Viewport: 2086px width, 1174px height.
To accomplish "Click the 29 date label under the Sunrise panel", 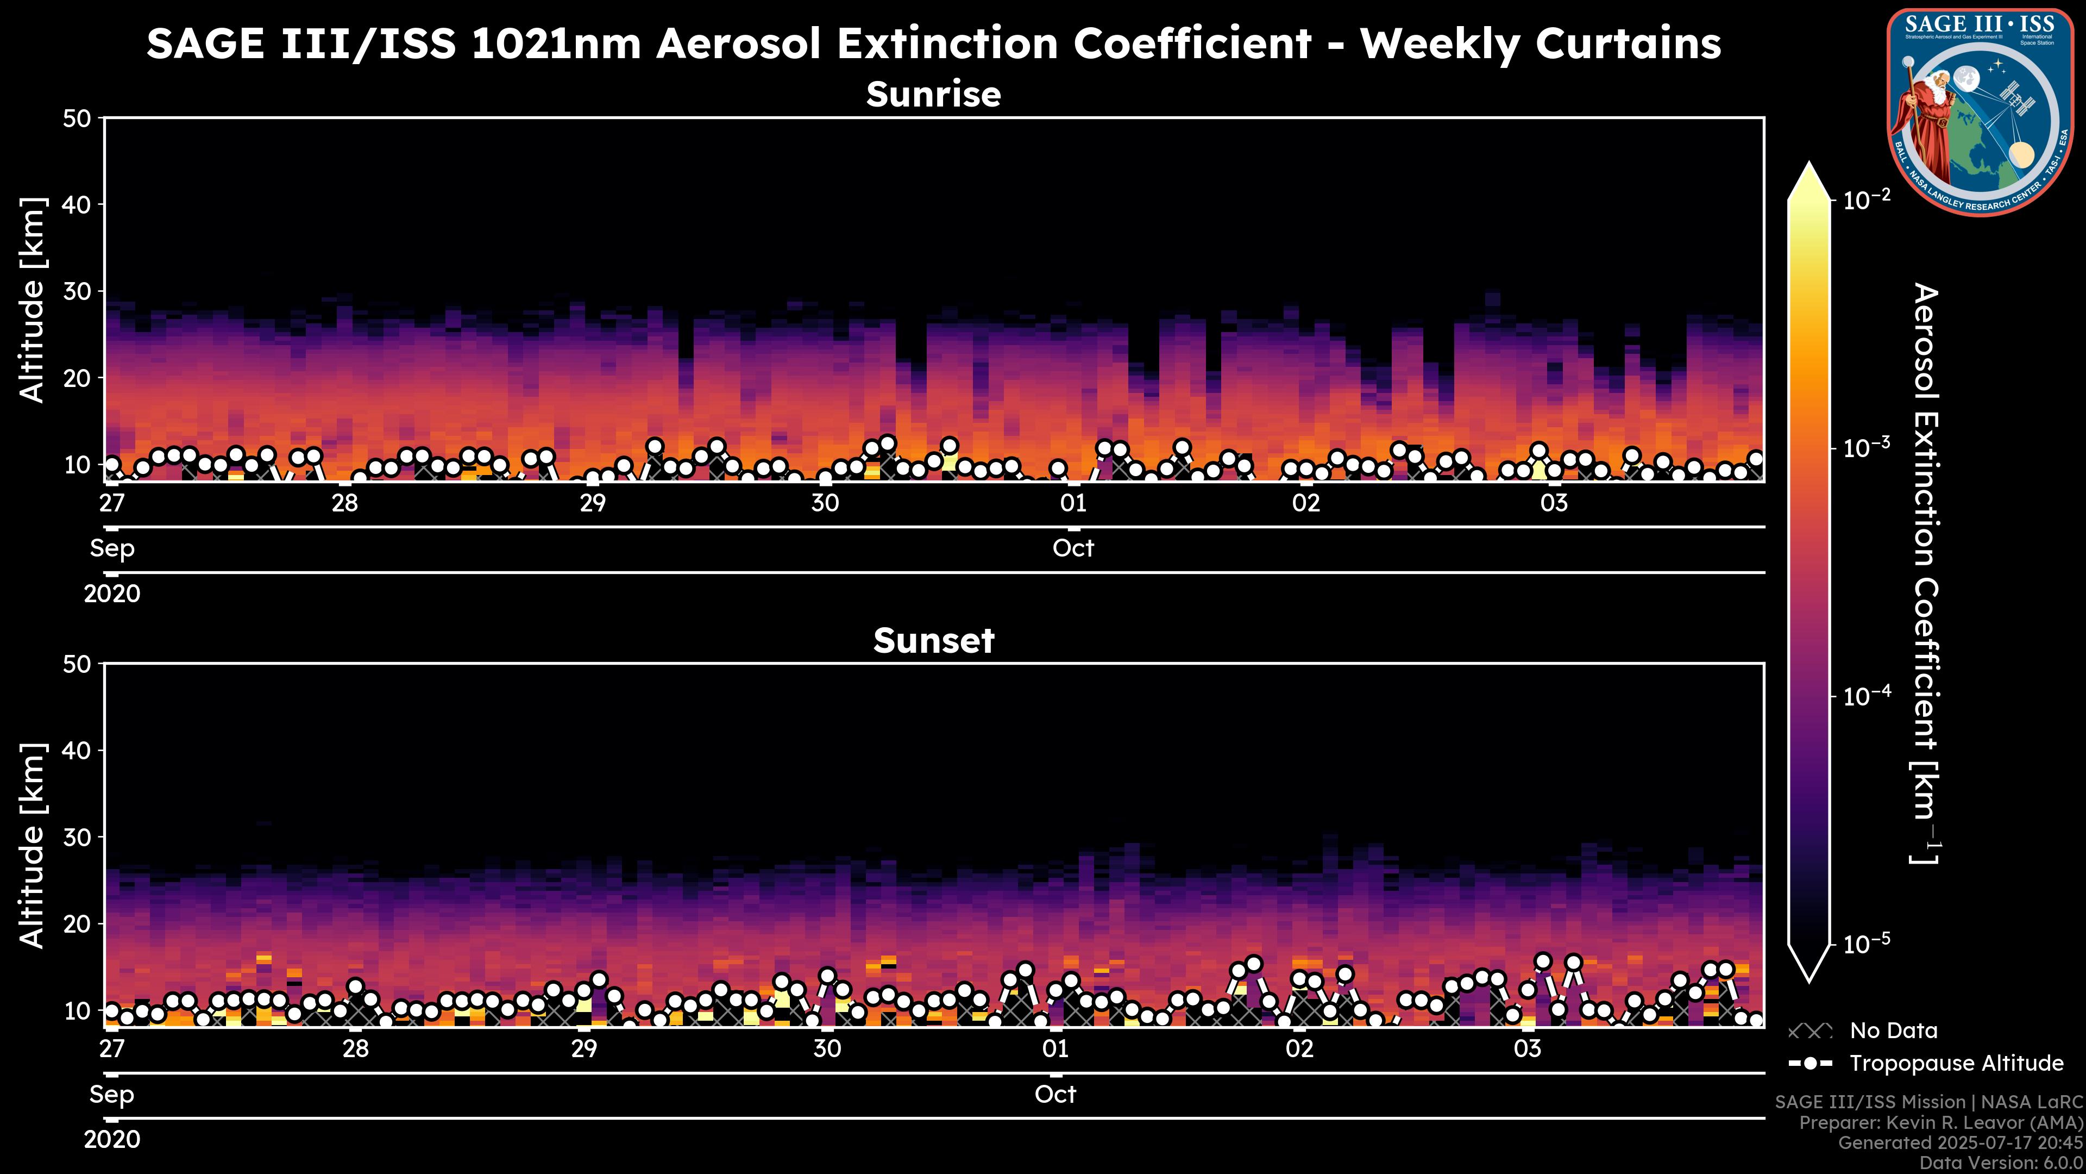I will point(593,503).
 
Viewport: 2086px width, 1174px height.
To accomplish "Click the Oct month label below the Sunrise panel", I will point(1073,548).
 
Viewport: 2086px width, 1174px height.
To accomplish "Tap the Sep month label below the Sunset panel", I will point(112,1095).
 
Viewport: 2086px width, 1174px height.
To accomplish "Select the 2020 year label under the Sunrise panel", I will point(112,594).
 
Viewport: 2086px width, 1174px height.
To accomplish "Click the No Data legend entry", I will point(1893,1031).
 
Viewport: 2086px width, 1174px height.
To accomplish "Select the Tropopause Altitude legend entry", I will point(1956,1063).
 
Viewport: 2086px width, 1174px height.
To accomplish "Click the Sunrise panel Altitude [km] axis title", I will point(33,300).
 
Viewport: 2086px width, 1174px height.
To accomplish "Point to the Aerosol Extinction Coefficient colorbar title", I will point(1926,573).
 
